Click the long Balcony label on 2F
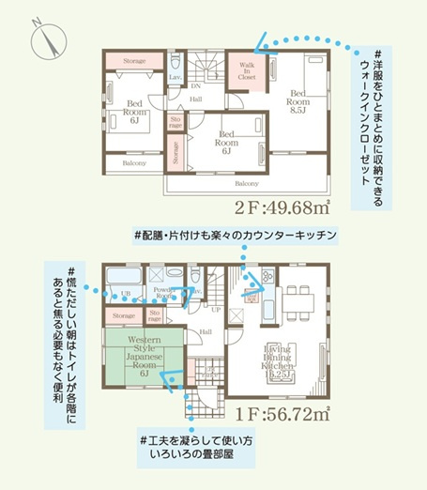coord(247,183)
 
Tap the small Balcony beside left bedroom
coord(135,162)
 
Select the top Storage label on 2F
coord(134,60)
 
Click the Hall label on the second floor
coord(195,99)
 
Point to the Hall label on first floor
coord(206,330)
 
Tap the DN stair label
coord(195,84)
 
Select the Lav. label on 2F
coord(175,77)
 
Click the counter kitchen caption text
coord(235,232)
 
